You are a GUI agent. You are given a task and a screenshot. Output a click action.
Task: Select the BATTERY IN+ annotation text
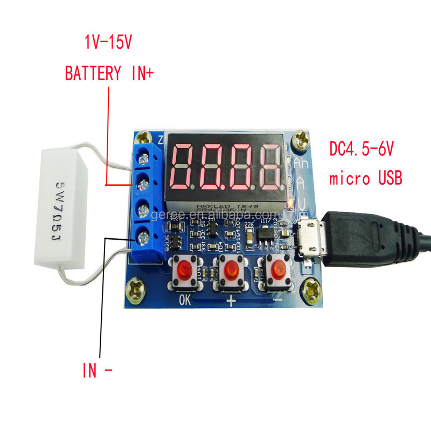point(109,73)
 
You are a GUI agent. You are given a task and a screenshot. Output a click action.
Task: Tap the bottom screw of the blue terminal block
point(143,235)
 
